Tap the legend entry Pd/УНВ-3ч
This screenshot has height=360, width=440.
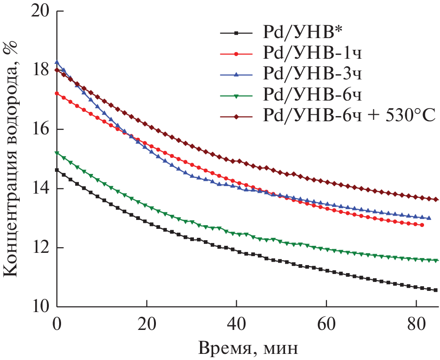pos(312,74)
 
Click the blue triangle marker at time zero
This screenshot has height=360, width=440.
pos(57,63)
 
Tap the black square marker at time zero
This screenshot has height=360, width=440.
pos(57,170)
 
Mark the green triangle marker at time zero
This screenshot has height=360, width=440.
pos(57,153)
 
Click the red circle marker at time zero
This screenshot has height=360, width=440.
pos(57,94)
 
